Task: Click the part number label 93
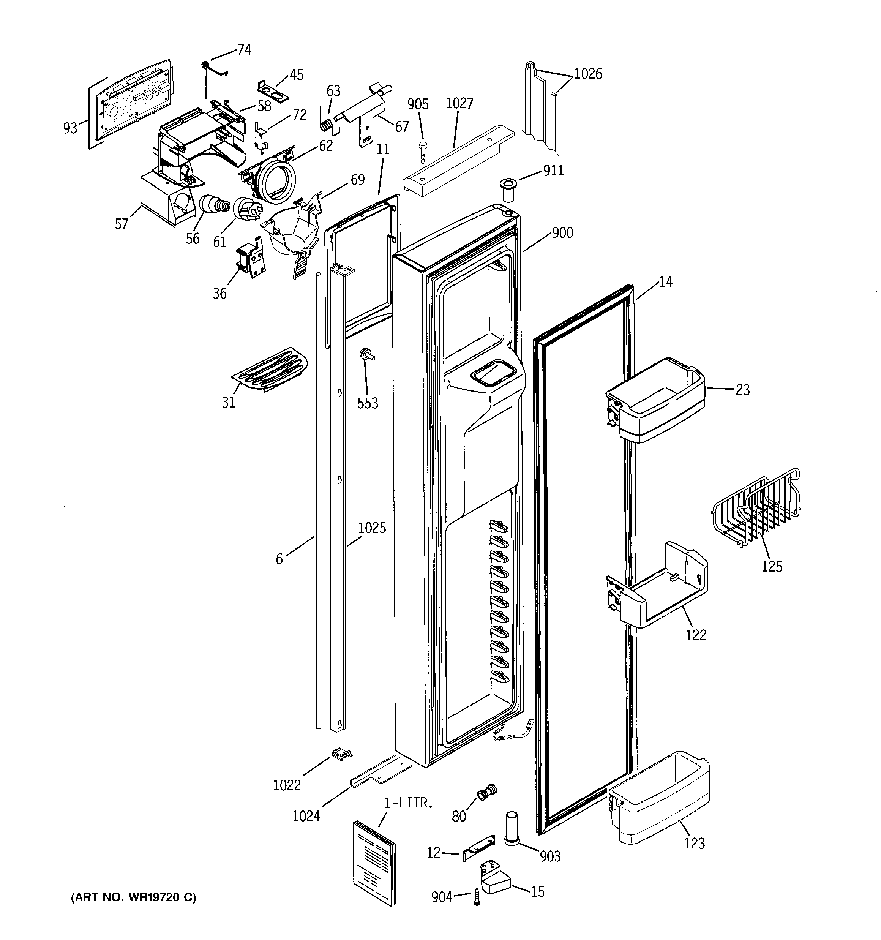(x=69, y=128)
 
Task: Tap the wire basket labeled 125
(x=755, y=513)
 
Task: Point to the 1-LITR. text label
(x=408, y=803)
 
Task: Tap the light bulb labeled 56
(x=214, y=206)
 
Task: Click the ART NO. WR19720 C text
(x=133, y=897)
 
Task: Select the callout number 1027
(x=459, y=103)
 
